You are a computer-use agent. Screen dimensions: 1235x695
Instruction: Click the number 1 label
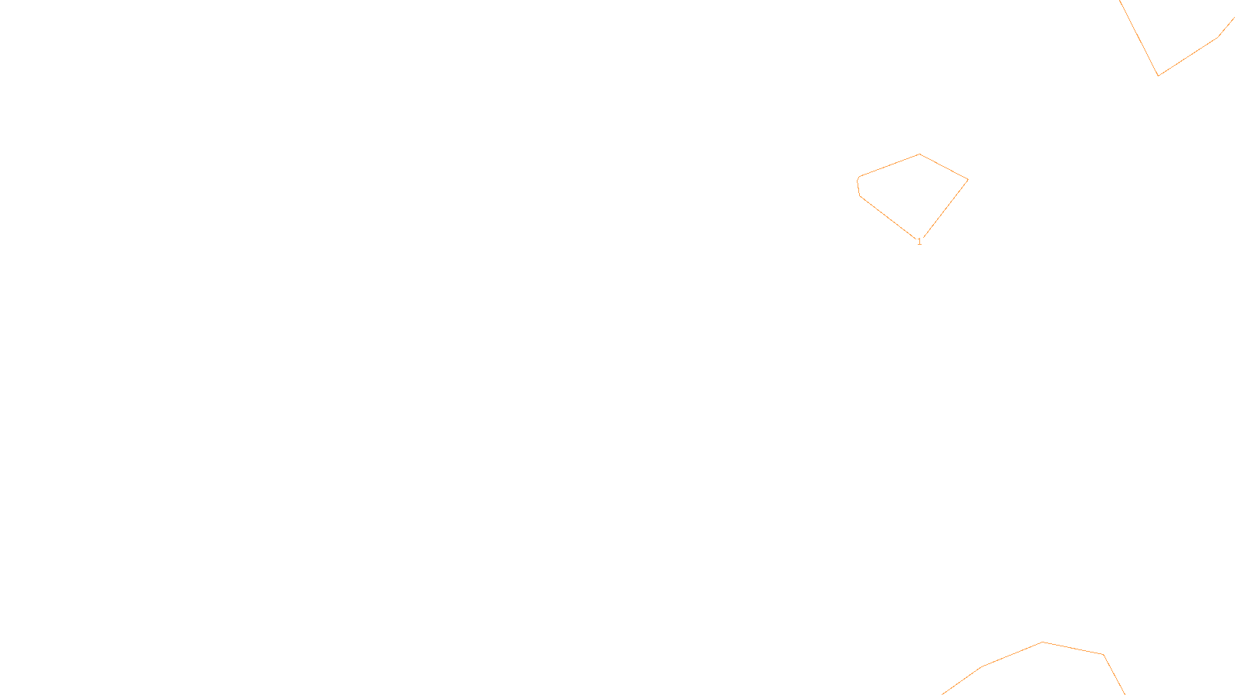click(919, 242)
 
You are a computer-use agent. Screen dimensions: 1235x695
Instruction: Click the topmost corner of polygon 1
click(919, 154)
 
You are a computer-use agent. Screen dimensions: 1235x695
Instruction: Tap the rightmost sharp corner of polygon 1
click(968, 179)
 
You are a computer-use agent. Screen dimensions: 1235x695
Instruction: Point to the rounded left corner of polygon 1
click(858, 178)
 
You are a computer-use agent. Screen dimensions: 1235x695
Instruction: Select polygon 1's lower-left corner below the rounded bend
click(860, 196)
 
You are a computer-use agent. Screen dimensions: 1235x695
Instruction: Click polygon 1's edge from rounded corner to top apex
click(889, 165)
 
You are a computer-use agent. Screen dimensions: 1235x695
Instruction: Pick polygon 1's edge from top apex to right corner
click(944, 167)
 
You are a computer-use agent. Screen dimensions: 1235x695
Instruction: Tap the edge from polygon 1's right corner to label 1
click(945, 208)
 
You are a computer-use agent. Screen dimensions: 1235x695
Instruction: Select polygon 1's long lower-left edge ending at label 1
click(888, 217)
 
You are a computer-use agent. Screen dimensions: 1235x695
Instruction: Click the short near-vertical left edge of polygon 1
click(858, 188)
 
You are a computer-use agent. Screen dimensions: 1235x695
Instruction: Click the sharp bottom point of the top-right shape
click(1159, 76)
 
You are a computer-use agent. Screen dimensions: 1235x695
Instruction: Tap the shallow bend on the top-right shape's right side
click(1218, 38)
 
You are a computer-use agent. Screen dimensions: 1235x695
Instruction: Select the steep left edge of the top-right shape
click(1139, 38)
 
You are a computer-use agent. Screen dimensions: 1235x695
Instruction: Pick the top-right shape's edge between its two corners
click(1188, 57)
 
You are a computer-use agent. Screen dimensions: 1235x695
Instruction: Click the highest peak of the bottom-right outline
click(1042, 642)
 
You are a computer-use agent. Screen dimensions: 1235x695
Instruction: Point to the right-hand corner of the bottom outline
click(1103, 655)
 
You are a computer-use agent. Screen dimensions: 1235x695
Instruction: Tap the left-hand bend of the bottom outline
click(981, 667)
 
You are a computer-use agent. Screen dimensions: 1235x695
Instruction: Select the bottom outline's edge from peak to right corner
click(1073, 648)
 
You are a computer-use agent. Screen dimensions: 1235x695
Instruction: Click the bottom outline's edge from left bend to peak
click(1012, 654)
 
